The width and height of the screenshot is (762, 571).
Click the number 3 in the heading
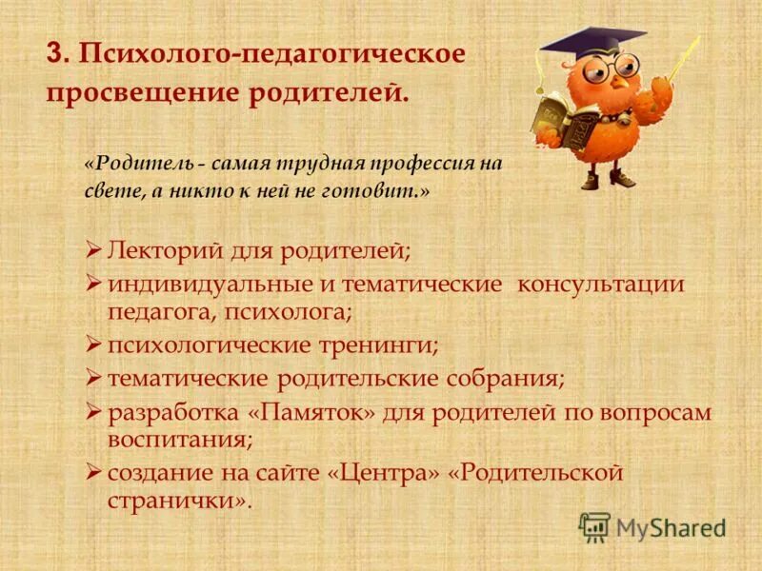coord(54,53)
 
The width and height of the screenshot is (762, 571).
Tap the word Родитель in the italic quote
coord(129,163)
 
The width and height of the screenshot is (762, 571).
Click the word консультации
coord(600,284)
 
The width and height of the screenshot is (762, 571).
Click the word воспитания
coord(179,441)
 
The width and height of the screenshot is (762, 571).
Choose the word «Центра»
coord(394,472)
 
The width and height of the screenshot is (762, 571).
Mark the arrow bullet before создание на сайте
coord(93,471)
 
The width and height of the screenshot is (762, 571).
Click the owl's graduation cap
coord(592,42)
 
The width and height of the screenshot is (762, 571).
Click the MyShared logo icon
coord(594,526)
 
